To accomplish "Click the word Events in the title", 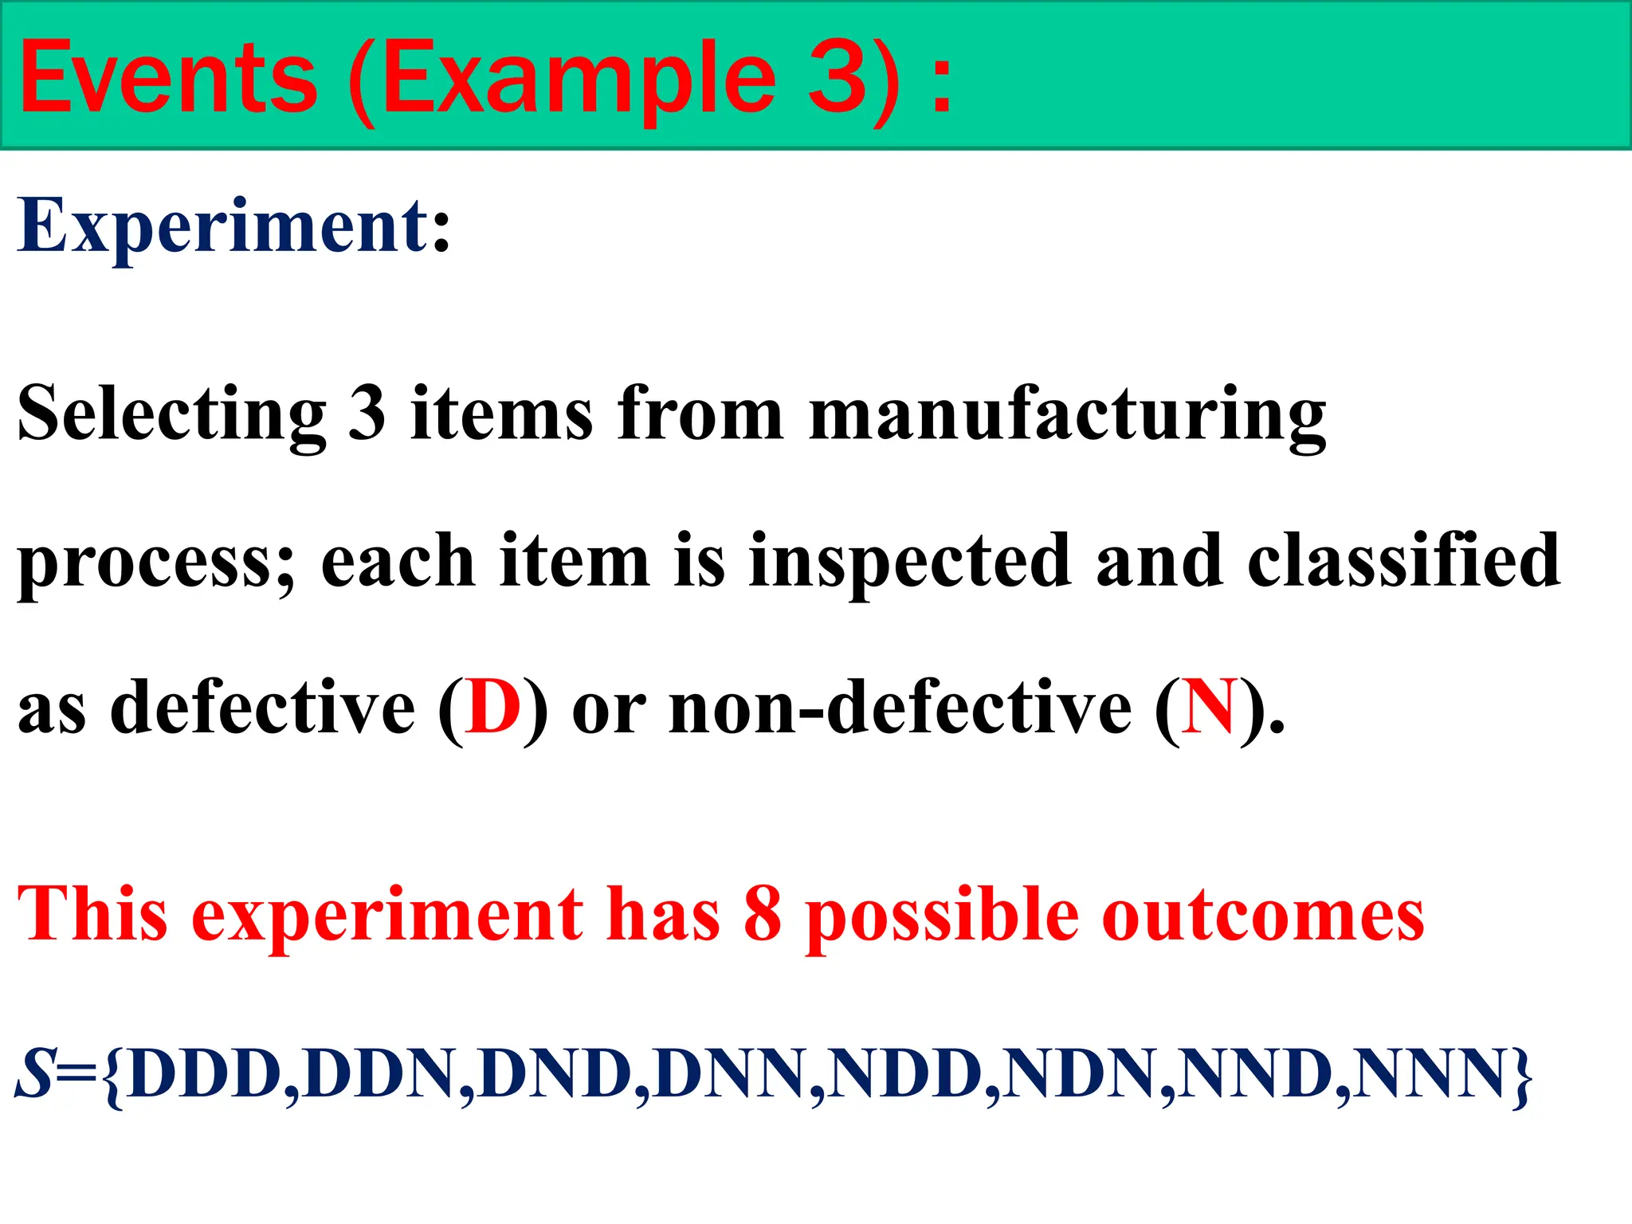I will pyautogui.click(x=168, y=78).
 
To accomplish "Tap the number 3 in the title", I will pyautogui.click(x=837, y=78).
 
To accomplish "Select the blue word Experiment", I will pyautogui.click(x=223, y=226).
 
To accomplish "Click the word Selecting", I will pyautogui.click(x=171, y=414).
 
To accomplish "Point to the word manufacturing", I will pyautogui.click(x=1068, y=414).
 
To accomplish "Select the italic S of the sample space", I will pyautogui.click(x=33, y=1074).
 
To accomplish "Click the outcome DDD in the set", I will pyautogui.click(x=203, y=1074).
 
